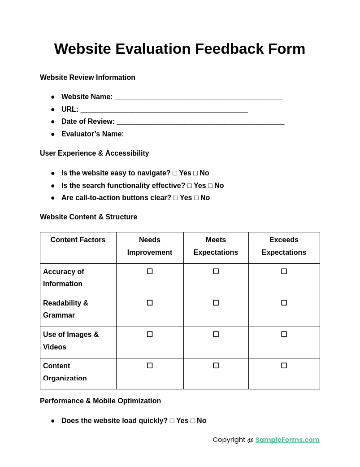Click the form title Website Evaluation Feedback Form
(x=180, y=48)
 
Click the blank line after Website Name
(x=198, y=97)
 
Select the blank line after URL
(x=164, y=110)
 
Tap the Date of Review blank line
(x=200, y=122)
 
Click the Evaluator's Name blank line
(x=209, y=135)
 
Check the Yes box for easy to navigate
(x=175, y=173)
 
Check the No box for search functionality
(x=210, y=186)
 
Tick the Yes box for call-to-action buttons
(x=176, y=198)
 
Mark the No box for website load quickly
(x=193, y=421)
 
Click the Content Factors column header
(x=78, y=240)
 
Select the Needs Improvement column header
(x=150, y=246)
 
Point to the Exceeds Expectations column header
(x=284, y=246)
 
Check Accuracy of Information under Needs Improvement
(x=150, y=271)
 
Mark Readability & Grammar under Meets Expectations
(x=216, y=303)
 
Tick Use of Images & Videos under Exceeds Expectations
(x=284, y=334)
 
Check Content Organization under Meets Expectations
(x=216, y=366)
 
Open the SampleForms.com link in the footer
(x=287, y=440)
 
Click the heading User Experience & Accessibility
(x=95, y=153)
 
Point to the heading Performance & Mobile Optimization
(x=100, y=401)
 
